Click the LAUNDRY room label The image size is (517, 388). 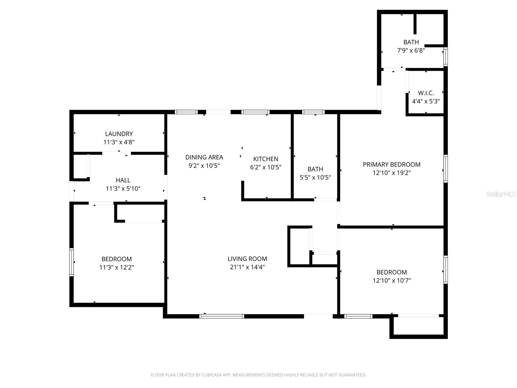pyautogui.click(x=119, y=134)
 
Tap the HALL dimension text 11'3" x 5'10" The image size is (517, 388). pyautogui.click(x=123, y=189)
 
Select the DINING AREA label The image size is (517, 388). pyautogui.click(x=204, y=157)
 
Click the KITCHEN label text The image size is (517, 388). pyautogui.click(x=266, y=159)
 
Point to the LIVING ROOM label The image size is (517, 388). pyautogui.click(x=247, y=259)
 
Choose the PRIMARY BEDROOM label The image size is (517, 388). pyautogui.click(x=392, y=165)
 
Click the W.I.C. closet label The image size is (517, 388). pyautogui.click(x=426, y=93)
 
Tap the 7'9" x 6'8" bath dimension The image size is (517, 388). pyautogui.click(x=411, y=50)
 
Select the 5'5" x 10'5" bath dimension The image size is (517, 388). pyautogui.click(x=315, y=178)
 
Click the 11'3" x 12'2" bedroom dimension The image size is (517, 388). pyautogui.click(x=117, y=267)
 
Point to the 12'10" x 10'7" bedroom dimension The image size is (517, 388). pyautogui.click(x=392, y=281)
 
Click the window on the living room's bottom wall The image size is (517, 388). pyautogui.click(x=222, y=316)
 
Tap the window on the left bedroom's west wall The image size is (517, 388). pyautogui.click(x=72, y=262)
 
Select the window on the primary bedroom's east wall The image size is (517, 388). pyautogui.click(x=446, y=168)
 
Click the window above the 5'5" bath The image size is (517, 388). pyautogui.click(x=313, y=112)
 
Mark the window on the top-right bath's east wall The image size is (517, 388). pyautogui.click(x=446, y=57)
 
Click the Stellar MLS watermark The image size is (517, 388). pyautogui.click(x=501, y=194)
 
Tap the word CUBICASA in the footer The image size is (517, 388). pyautogui.click(x=212, y=375)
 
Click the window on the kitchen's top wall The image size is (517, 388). pyautogui.click(x=255, y=112)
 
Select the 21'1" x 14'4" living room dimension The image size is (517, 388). pyautogui.click(x=247, y=267)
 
